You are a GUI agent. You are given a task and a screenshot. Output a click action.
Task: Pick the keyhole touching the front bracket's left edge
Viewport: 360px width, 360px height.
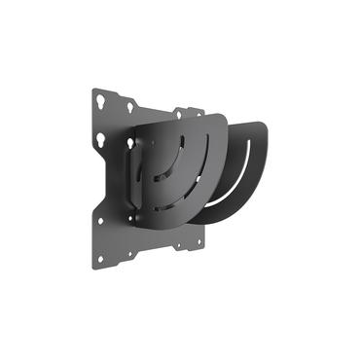coord(130,142)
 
